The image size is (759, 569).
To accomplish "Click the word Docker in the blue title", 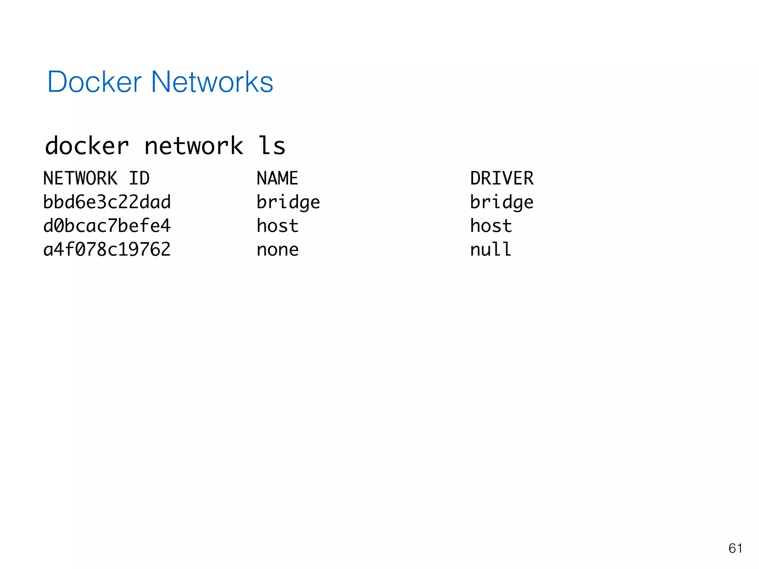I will (95, 82).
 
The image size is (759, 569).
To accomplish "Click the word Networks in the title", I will (212, 82).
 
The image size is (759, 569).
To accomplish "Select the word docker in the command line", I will (87, 146).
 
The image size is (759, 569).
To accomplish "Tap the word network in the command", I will (193, 146).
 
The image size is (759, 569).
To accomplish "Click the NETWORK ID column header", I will (96, 179).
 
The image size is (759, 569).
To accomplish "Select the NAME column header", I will (277, 179).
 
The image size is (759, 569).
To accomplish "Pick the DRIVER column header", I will (502, 179).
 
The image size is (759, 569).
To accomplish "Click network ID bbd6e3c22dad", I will (107, 202).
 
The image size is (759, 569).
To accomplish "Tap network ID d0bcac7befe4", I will (107, 226).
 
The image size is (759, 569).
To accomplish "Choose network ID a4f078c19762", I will (107, 250).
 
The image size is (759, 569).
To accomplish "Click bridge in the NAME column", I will (288, 203).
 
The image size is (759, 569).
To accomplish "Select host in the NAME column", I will (277, 226).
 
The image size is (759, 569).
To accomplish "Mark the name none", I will (277, 250).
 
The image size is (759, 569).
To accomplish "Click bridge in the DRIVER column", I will (501, 203).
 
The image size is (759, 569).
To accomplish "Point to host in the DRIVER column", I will (491, 226).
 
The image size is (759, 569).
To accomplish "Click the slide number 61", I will (735, 548).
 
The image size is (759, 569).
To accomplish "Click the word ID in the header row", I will (139, 179).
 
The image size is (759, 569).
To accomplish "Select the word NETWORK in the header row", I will (80, 179).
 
